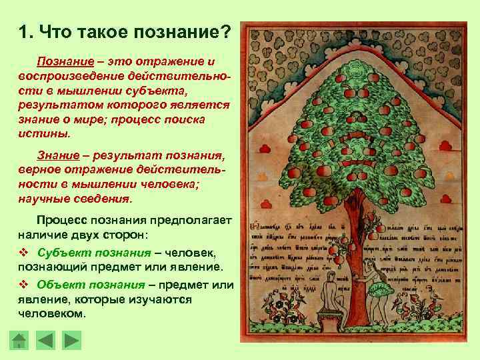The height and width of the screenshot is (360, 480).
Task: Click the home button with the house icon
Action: click(x=19, y=341)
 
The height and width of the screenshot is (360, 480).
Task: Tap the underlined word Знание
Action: click(x=57, y=155)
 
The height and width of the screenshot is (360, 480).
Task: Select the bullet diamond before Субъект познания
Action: click(x=23, y=253)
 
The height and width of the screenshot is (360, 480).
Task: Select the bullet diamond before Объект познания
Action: click(x=23, y=285)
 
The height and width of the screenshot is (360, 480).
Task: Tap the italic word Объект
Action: click(x=57, y=285)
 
